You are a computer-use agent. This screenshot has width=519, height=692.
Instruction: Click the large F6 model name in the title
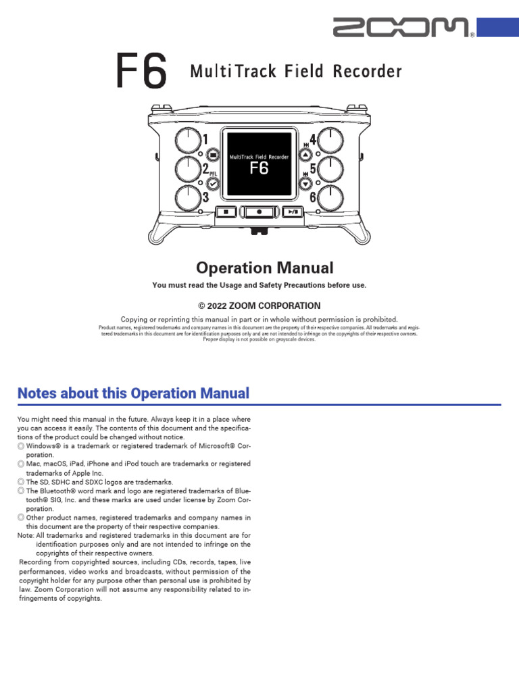point(141,72)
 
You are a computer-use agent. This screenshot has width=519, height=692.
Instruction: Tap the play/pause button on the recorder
point(291,212)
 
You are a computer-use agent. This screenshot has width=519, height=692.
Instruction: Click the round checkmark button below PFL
point(213,182)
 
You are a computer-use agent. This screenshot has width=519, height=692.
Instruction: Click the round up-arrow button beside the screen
point(305,155)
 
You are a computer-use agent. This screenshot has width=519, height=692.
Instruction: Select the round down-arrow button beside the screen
point(305,183)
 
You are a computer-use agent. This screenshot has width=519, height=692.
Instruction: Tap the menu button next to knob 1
point(213,155)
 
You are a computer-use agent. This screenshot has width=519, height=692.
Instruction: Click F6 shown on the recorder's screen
point(259,169)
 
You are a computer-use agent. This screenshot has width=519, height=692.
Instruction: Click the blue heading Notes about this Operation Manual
point(133,393)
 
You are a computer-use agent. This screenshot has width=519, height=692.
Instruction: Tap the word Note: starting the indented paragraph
point(26,535)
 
